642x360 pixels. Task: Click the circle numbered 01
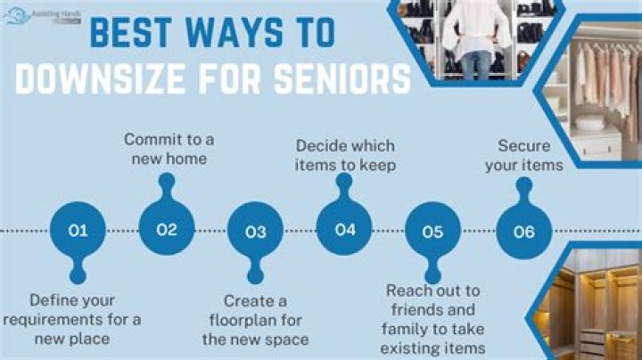pyautogui.click(x=78, y=231)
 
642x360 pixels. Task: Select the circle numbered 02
pyautogui.click(x=167, y=229)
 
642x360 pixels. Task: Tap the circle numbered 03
pyautogui.click(x=256, y=232)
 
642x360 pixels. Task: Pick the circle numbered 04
pyautogui.click(x=345, y=229)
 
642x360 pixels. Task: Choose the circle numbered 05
pyautogui.click(x=432, y=232)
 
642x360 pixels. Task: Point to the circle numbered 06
pyautogui.click(x=524, y=232)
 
